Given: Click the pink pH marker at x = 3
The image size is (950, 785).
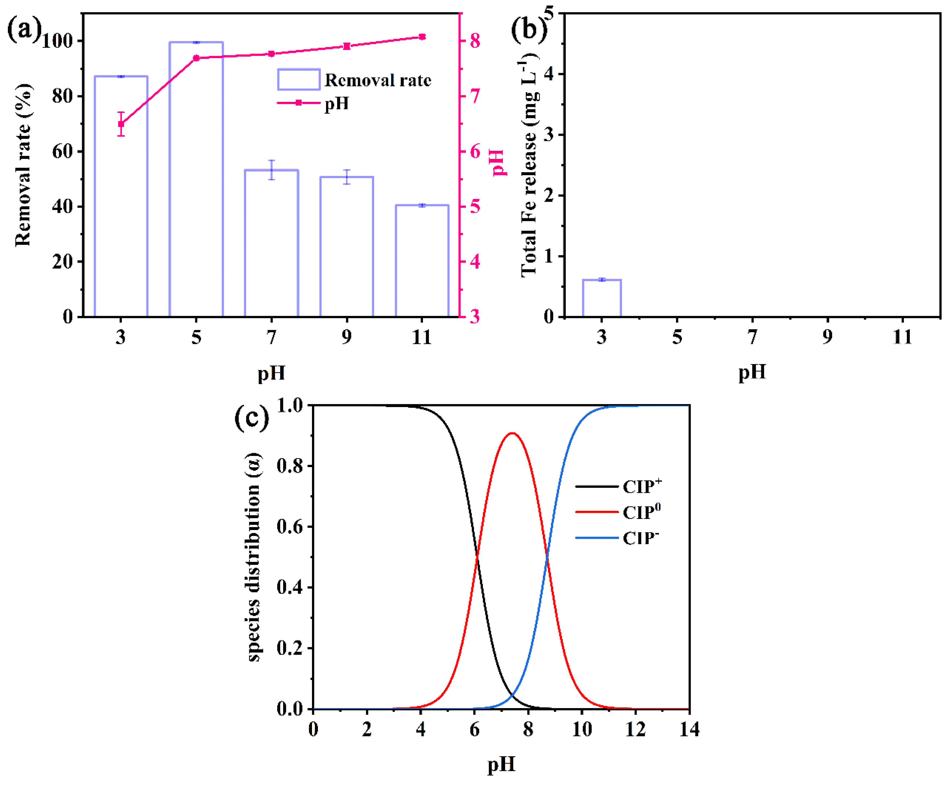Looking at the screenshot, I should (121, 124).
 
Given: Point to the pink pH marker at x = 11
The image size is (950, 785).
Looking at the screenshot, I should (422, 37).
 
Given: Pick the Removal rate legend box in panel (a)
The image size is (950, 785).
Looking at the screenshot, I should (299, 80).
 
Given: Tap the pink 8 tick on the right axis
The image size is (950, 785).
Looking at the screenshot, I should (475, 41).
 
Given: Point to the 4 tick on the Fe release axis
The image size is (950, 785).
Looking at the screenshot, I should (549, 74).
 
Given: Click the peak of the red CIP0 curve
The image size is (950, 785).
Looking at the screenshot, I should (512, 433).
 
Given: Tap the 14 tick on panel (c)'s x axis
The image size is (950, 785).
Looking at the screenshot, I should (688, 729).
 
